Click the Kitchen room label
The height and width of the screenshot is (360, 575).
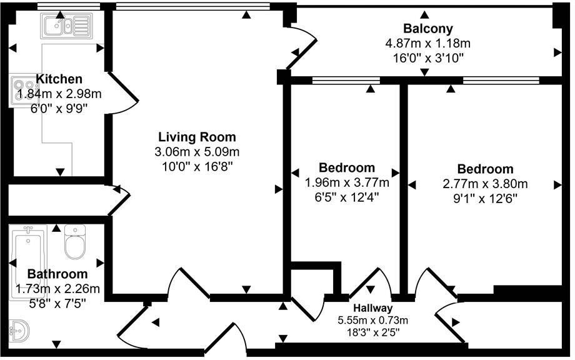pyautogui.click(x=59, y=79)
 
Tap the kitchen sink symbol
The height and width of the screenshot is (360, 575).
pyautogui.click(x=66, y=26)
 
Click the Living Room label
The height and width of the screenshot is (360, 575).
pyautogui.click(x=197, y=137)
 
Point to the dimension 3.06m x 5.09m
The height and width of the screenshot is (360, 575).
pyautogui.click(x=197, y=152)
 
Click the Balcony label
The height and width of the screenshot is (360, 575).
pyautogui.click(x=427, y=28)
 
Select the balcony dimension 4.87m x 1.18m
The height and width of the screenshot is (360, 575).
pyautogui.click(x=427, y=43)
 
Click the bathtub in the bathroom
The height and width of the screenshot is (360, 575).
pyautogui.click(x=26, y=250)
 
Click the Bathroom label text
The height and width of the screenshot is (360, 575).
pyautogui.click(x=57, y=274)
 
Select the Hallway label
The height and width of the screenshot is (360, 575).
pyautogui.click(x=372, y=308)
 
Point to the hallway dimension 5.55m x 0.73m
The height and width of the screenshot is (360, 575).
pyautogui.click(x=372, y=320)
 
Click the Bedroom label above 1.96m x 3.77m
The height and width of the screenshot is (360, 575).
pyautogui.click(x=347, y=167)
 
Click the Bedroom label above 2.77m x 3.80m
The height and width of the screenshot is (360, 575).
pyautogui.click(x=485, y=169)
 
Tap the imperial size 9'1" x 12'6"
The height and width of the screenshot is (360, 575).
pyautogui.click(x=485, y=199)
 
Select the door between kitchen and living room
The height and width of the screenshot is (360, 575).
pyautogui.click(x=122, y=94)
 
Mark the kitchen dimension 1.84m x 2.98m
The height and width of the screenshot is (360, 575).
pyautogui.click(x=59, y=94)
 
